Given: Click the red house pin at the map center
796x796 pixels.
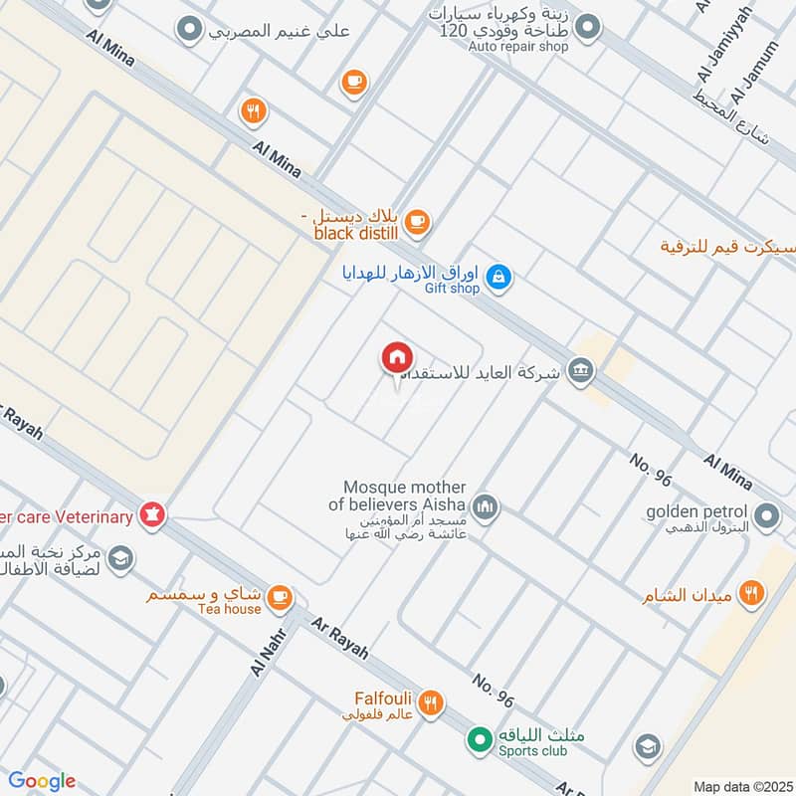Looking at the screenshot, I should [x=396, y=357].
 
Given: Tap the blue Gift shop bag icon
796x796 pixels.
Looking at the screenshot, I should [x=501, y=279].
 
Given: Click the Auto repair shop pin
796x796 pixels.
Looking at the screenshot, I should [x=588, y=27].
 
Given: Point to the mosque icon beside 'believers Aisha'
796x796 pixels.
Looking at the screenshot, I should [x=485, y=507].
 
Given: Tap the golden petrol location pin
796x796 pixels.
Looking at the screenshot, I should [x=766, y=515].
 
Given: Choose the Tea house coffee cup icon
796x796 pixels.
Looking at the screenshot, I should [x=281, y=597].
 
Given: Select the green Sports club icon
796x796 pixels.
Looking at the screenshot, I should [x=480, y=740].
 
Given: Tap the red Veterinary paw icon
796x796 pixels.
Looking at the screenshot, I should [x=153, y=514].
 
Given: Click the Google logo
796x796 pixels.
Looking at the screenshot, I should [x=42, y=781].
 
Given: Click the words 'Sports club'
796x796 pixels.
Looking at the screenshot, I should [x=533, y=751].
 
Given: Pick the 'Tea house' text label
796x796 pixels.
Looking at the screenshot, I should [x=228, y=609].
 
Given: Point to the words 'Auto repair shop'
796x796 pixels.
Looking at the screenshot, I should [x=518, y=47].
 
